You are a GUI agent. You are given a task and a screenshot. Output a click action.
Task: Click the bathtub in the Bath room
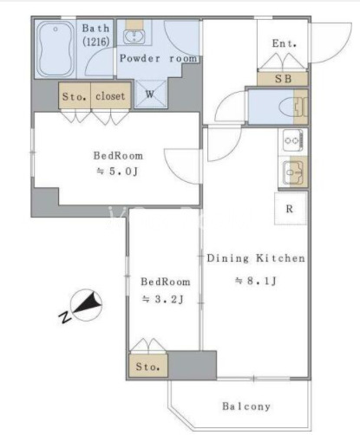(56, 49)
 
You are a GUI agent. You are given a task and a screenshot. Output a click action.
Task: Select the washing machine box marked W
(151, 94)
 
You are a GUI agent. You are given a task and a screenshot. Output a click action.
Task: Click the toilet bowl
(287, 107)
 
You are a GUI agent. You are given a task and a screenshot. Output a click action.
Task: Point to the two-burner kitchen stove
(293, 140)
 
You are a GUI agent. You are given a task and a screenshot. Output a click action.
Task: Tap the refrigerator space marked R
(290, 209)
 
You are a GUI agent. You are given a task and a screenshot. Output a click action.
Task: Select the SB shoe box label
(283, 79)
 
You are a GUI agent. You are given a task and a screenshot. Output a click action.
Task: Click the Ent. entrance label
(285, 43)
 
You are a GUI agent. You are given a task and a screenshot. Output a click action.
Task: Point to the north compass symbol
(87, 305)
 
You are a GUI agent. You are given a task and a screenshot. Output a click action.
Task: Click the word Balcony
(246, 406)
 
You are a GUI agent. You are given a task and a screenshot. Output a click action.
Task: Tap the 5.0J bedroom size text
(117, 172)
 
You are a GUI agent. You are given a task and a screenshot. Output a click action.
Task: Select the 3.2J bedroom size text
(163, 300)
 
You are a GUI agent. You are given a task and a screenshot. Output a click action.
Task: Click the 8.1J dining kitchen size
(256, 281)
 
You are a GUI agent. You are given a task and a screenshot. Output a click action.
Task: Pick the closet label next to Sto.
(110, 96)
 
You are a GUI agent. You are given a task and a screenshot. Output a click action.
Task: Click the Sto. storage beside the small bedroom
(148, 367)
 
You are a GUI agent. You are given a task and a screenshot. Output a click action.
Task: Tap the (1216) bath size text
(96, 42)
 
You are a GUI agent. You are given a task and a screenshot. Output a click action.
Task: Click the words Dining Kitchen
(256, 258)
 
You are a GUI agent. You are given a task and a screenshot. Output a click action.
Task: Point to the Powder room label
(159, 59)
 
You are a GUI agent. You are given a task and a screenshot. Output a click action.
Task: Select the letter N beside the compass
(65, 317)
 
